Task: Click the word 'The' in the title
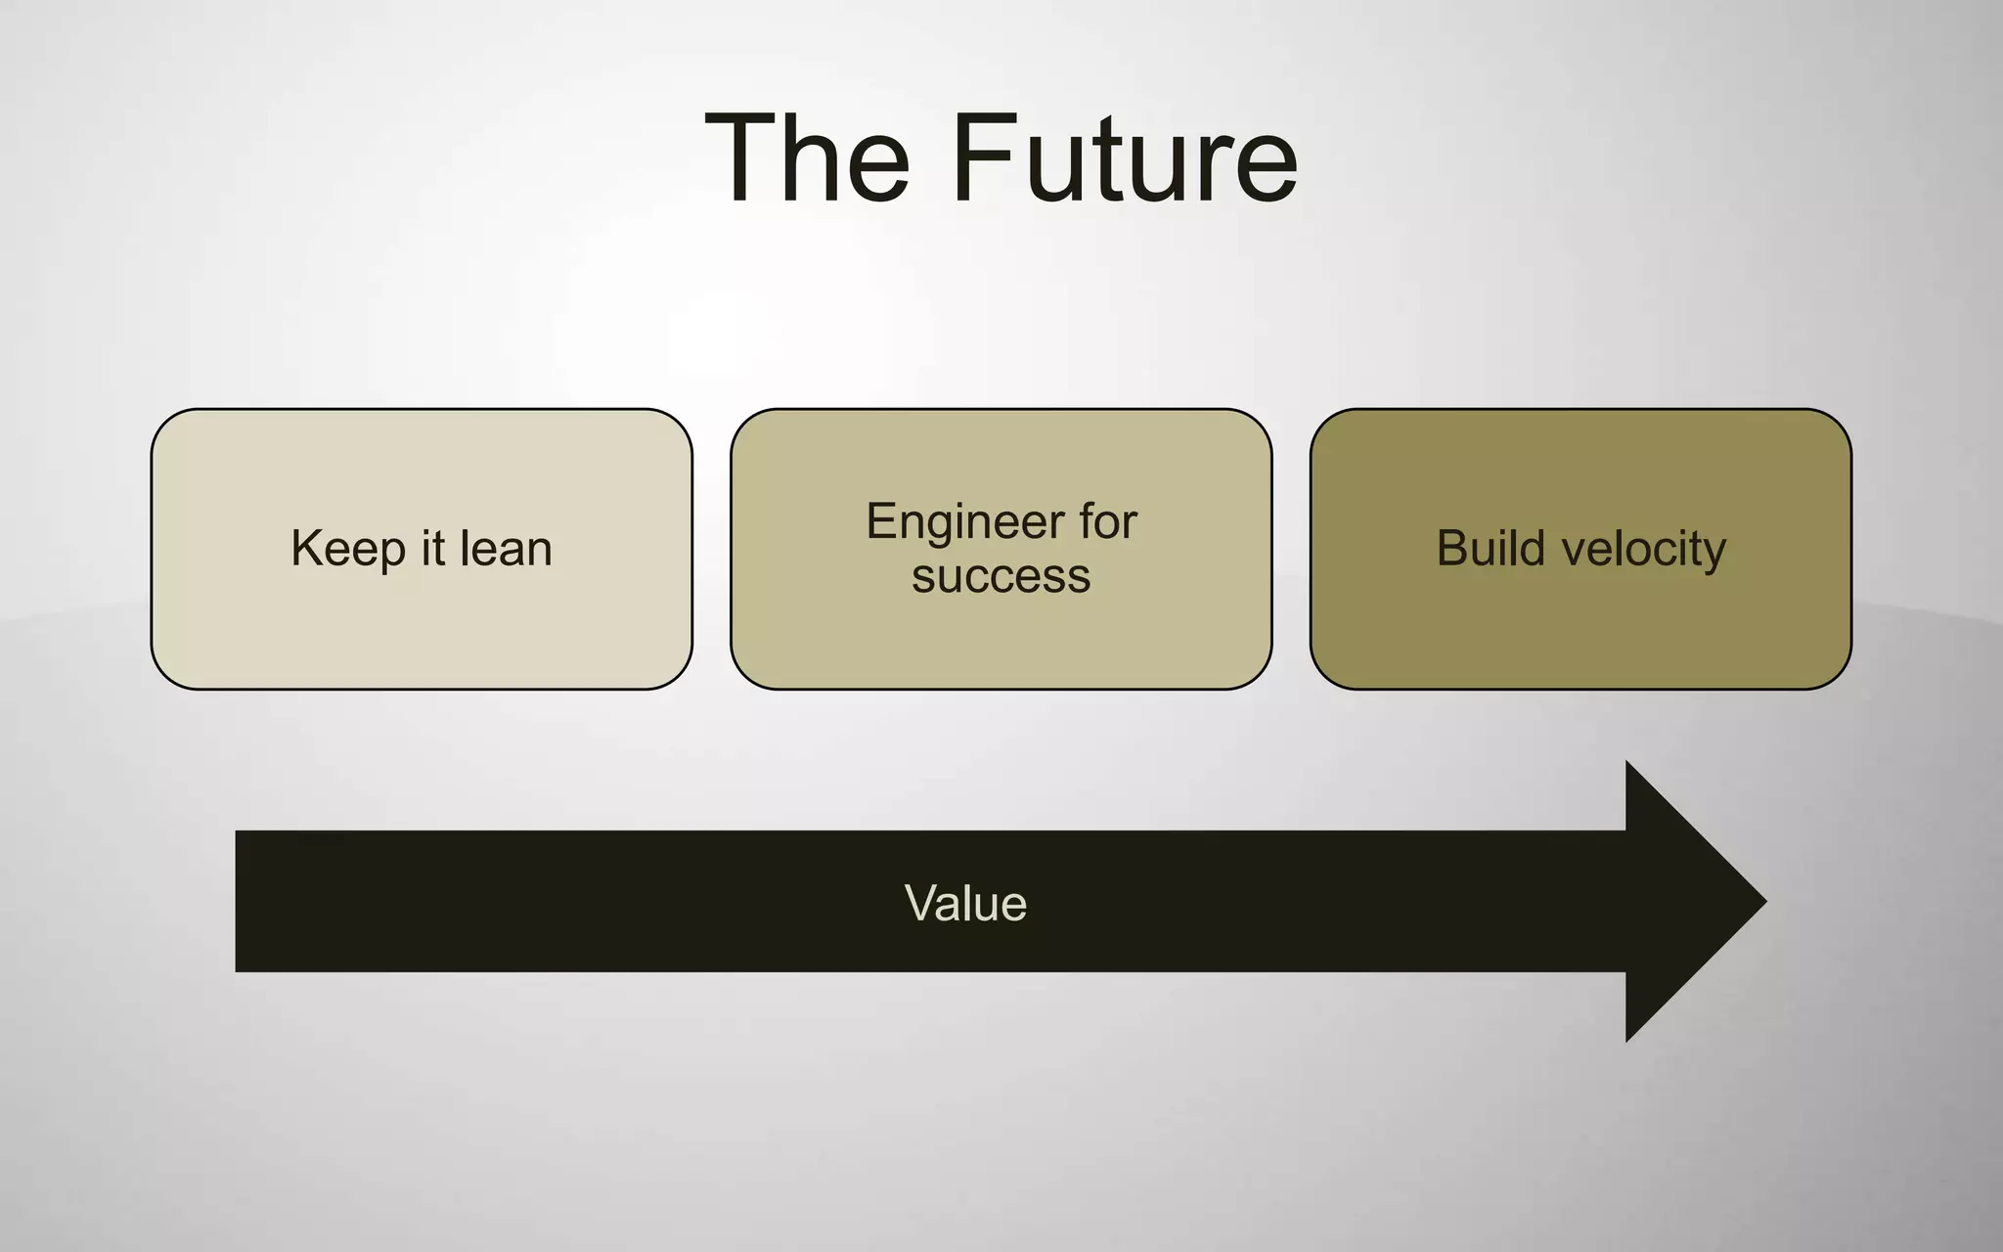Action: (x=808, y=158)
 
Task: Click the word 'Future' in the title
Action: (x=1124, y=158)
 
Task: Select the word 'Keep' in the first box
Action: (x=347, y=549)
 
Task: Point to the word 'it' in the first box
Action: (x=432, y=549)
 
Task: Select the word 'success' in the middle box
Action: (x=1001, y=576)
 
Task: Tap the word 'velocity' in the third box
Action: (x=1644, y=549)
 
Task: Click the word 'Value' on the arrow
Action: (x=965, y=903)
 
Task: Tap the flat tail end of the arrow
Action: (x=241, y=901)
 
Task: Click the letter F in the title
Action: (x=983, y=158)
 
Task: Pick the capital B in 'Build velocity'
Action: (x=1453, y=548)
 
